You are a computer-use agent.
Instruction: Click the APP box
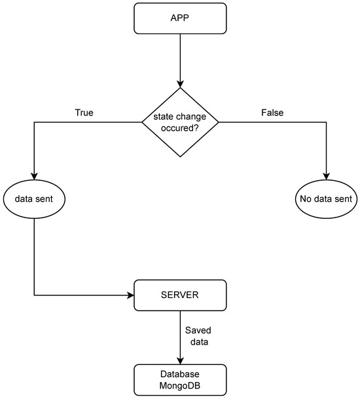point(180,18)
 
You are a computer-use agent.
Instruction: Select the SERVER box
point(180,295)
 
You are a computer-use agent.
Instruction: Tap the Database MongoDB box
point(180,380)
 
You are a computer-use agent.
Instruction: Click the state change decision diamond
point(180,122)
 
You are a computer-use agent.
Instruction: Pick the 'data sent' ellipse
point(34,199)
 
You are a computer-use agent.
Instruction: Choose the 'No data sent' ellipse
point(326,199)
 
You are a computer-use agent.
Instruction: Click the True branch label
point(84,113)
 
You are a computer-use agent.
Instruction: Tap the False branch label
point(272,113)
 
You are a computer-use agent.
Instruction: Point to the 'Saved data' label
point(198,336)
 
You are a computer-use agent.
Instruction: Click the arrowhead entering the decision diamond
point(180,85)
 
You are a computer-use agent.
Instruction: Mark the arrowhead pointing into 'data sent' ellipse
point(34,177)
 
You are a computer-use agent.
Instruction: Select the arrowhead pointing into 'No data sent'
point(326,177)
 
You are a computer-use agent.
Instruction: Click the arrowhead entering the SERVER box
point(131,295)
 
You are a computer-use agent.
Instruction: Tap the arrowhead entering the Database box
point(180,361)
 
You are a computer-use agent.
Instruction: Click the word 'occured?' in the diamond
point(180,128)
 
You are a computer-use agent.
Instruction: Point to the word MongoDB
point(180,385)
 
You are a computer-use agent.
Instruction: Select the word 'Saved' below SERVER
point(198,330)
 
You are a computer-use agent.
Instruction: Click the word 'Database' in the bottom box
point(180,374)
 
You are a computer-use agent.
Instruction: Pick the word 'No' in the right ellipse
point(304,199)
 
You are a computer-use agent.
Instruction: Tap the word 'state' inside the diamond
point(163,117)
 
